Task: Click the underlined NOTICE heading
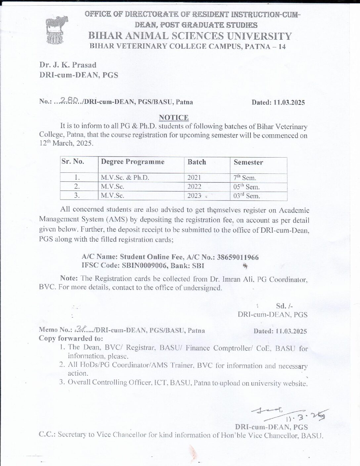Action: [x=174, y=117]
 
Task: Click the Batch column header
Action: [x=197, y=162]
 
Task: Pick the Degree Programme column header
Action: [x=132, y=162]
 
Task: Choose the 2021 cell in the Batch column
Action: [x=194, y=178]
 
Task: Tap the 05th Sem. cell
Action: [x=247, y=187]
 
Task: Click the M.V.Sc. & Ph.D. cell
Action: [x=125, y=178]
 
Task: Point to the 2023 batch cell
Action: [x=194, y=196]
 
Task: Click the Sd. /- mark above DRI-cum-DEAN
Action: [x=284, y=306]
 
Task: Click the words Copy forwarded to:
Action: [x=71, y=338]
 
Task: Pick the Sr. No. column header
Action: [x=73, y=162]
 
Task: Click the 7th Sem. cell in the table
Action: [x=245, y=178]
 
